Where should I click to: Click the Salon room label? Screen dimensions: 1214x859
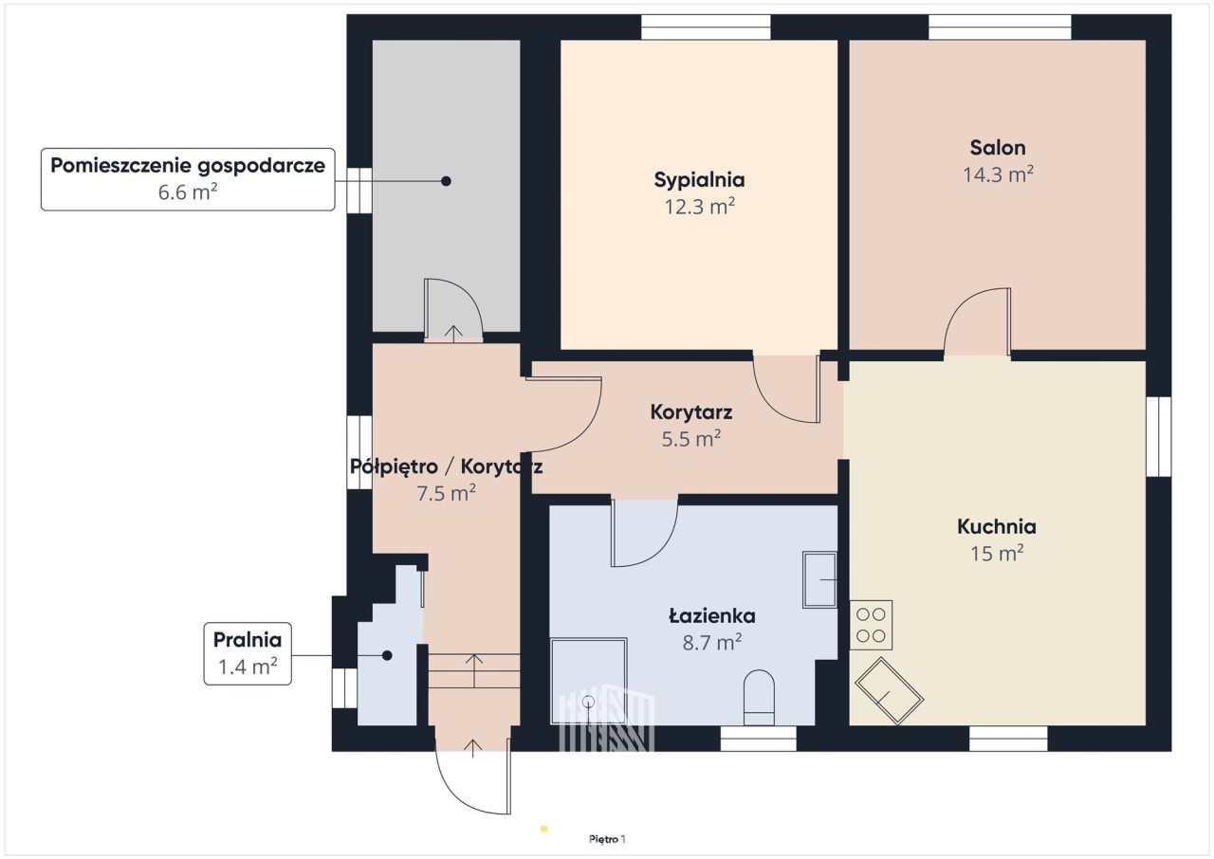(x=997, y=148)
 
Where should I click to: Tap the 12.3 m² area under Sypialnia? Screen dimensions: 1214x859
(x=700, y=207)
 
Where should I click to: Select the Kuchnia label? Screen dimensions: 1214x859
(x=997, y=526)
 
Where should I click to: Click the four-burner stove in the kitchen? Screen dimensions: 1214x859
(x=871, y=625)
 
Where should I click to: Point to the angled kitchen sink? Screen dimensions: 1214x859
(x=889, y=691)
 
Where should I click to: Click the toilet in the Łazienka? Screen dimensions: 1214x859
(x=759, y=698)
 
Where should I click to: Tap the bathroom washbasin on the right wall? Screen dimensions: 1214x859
(x=819, y=579)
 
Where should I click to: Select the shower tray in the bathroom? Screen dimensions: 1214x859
(x=589, y=681)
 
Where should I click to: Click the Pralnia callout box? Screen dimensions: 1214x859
(x=248, y=653)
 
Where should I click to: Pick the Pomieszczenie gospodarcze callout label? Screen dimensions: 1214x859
(x=188, y=179)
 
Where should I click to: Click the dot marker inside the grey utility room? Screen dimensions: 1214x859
(x=446, y=181)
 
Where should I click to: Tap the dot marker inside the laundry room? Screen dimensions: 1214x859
(x=387, y=655)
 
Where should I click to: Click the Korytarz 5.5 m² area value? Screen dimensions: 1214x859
(x=691, y=439)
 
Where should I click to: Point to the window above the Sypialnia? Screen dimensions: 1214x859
(x=706, y=27)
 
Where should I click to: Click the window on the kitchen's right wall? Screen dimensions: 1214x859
(x=1159, y=437)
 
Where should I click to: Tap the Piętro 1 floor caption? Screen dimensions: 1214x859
(x=607, y=839)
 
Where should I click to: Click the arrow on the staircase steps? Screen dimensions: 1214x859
(x=474, y=670)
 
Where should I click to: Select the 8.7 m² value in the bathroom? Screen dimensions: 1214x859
(x=712, y=643)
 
